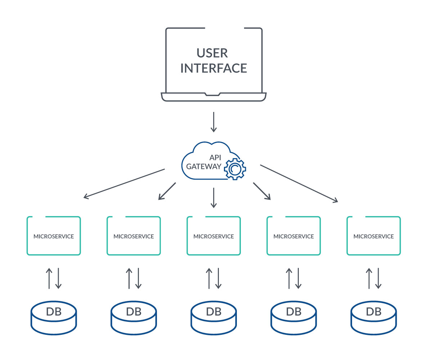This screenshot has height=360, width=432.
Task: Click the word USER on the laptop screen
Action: click(x=212, y=53)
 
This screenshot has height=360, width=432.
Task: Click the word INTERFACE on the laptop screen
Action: click(x=213, y=68)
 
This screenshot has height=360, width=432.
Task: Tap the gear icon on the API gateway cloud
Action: click(x=235, y=168)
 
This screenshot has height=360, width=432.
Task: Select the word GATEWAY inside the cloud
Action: click(x=204, y=166)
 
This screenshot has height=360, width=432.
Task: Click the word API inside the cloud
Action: click(x=215, y=157)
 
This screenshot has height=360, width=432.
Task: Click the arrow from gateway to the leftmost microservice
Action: click(x=124, y=183)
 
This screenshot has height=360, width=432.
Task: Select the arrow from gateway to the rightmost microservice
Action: click(x=299, y=183)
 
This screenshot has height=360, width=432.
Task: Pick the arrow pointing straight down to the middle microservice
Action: click(x=214, y=198)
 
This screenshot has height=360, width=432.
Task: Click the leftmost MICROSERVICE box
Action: click(x=54, y=236)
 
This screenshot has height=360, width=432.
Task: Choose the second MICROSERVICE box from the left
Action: click(x=134, y=236)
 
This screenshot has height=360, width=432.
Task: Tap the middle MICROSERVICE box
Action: click(x=213, y=236)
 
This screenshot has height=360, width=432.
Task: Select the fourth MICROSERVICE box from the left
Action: click(x=293, y=236)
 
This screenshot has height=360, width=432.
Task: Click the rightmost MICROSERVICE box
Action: click(x=373, y=236)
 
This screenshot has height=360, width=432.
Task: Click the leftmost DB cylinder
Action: click(x=54, y=317)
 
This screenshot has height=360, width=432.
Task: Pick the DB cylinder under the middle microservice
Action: click(x=213, y=317)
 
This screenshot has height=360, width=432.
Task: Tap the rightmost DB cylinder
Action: click(x=373, y=317)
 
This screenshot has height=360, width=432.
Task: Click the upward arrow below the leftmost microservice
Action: click(x=49, y=278)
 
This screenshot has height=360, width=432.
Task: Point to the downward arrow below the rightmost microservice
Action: click(x=378, y=278)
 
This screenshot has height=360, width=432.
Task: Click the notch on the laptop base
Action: click(x=212, y=95)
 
